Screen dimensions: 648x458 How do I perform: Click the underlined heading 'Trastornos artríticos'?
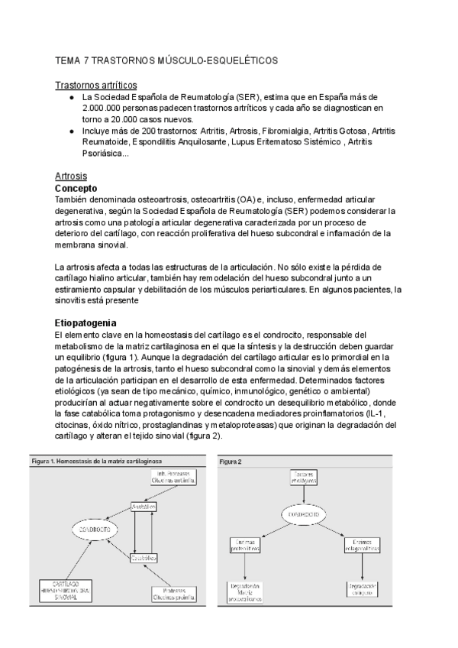[97, 85]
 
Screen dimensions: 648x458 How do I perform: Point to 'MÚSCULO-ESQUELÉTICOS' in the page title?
[218, 59]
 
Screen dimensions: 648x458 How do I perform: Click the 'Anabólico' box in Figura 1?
[144, 507]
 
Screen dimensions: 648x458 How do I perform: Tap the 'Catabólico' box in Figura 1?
[144, 558]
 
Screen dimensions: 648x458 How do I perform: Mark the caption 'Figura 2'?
[231, 462]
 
